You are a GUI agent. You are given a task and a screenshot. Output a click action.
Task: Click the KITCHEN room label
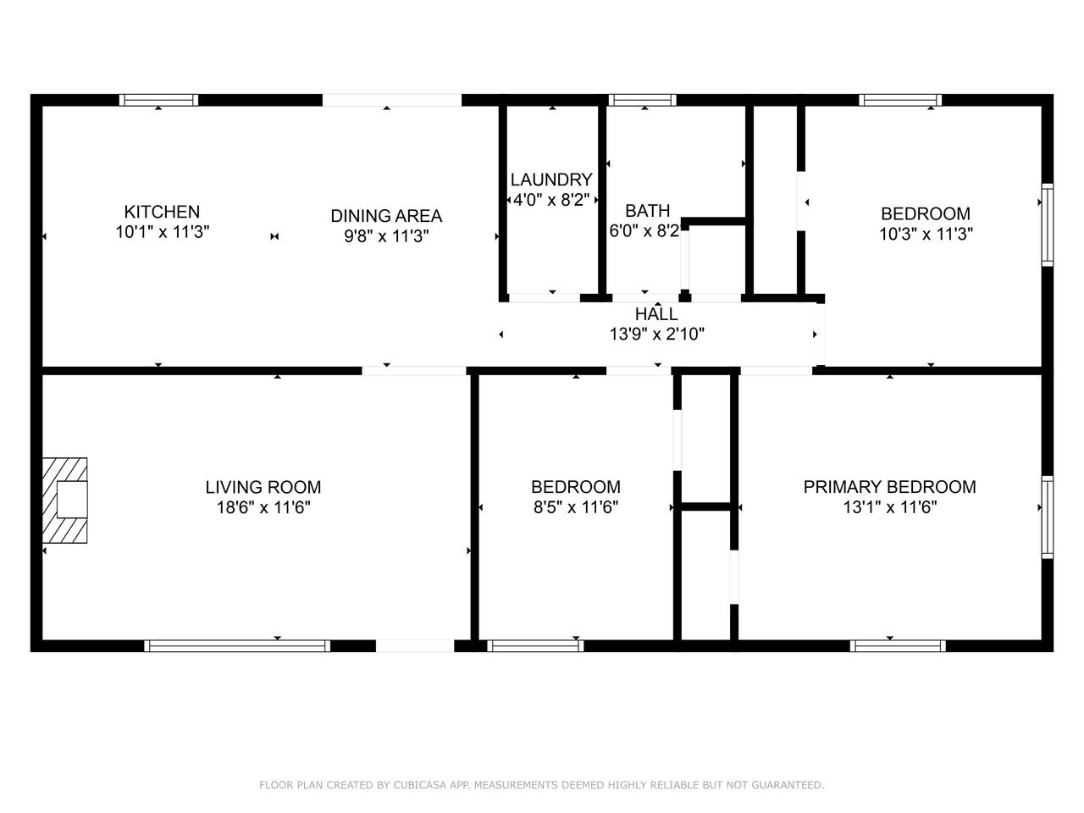(x=162, y=212)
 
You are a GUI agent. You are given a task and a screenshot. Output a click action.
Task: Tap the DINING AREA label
(x=386, y=216)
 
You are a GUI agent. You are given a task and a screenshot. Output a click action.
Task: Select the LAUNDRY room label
(x=551, y=180)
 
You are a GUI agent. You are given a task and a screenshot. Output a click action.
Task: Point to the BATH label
(x=648, y=211)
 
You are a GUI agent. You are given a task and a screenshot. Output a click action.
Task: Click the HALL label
(x=656, y=313)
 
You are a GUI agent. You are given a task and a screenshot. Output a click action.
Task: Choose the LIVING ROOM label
(x=263, y=487)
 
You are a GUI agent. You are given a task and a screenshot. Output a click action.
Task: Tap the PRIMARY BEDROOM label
(x=889, y=487)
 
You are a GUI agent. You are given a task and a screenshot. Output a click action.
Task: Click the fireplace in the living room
(x=64, y=500)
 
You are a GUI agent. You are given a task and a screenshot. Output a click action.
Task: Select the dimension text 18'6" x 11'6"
(x=263, y=507)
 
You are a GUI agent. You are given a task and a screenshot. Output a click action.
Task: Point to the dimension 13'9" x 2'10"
(x=656, y=334)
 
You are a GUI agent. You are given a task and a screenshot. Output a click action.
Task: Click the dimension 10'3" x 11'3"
(x=926, y=234)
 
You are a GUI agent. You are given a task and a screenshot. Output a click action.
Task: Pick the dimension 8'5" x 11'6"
(x=576, y=507)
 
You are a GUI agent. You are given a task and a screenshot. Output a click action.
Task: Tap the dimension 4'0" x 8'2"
(x=551, y=199)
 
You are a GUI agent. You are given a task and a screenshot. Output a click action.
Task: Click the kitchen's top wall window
(x=158, y=100)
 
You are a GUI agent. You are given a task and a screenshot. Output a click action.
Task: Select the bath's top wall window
(x=643, y=100)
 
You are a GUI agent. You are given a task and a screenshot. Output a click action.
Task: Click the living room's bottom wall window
(x=237, y=645)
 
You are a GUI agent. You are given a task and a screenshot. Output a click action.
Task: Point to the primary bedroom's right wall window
(x=1047, y=517)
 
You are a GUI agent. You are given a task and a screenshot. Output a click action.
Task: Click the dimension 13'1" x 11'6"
(x=889, y=507)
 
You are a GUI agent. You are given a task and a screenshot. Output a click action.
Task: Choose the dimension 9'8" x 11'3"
(x=386, y=236)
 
